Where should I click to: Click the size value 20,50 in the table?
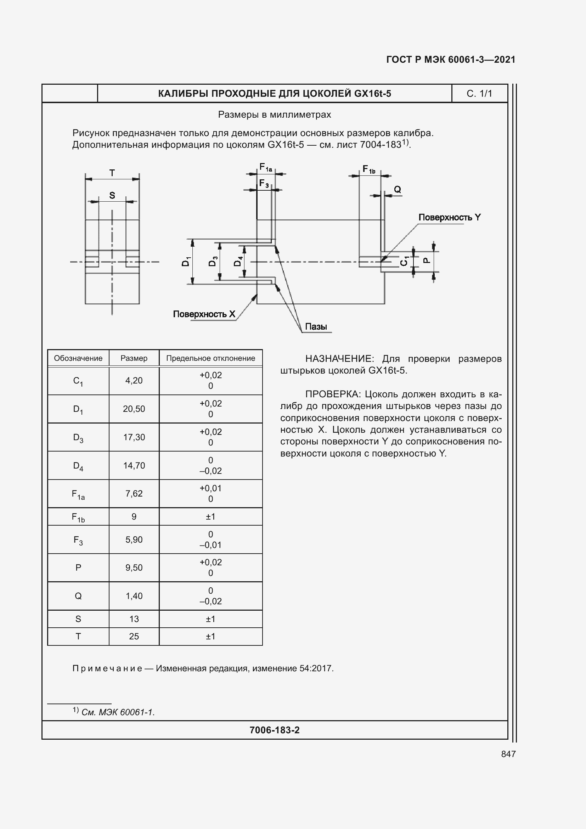tap(134, 409)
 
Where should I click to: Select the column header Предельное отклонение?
tap(210, 358)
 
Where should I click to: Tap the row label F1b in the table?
tap(78, 517)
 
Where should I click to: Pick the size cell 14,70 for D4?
tap(134, 465)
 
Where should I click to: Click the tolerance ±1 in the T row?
tap(210, 636)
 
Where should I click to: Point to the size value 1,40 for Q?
tap(134, 596)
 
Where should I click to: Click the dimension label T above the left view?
tap(112, 173)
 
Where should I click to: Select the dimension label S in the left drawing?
tap(112, 195)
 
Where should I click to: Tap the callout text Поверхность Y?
tap(449, 217)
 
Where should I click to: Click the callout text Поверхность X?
tap(204, 314)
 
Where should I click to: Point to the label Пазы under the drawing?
tap(316, 327)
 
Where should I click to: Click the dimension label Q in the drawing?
tap(397, 189)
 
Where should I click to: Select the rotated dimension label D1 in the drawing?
tap(185, 262)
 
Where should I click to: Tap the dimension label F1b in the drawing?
tap(369, 169)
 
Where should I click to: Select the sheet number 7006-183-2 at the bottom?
tap(274, 730)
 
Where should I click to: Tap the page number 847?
tap(508, 754)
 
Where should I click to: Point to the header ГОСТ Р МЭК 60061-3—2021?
tap(451, 60)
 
